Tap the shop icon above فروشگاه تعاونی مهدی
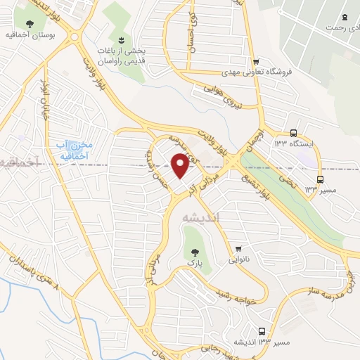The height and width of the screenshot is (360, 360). click(257, 62)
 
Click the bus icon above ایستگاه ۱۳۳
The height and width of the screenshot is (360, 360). click(293, 132)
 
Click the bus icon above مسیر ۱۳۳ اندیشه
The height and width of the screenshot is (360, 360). click(262, 330)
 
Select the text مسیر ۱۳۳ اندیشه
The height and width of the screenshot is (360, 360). click(264, 342)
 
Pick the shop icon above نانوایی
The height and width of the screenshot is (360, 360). click(240, 247)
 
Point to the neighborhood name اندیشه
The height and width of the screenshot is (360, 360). click(201, 218)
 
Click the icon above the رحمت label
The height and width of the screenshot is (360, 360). click(345, 17)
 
